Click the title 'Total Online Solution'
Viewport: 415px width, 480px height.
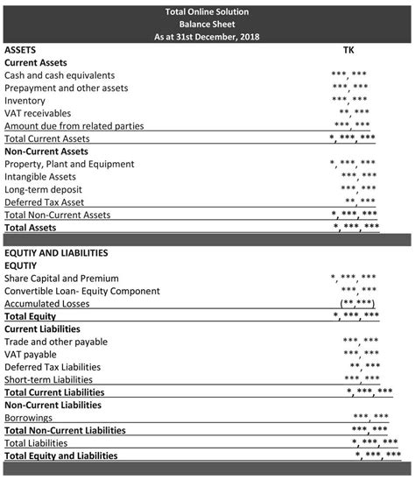(x=207, y=11)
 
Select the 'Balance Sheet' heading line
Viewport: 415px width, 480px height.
(x=207, y=25)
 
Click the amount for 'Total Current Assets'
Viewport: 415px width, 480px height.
(x=353, y=139)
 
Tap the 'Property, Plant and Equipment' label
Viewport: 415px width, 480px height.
(x=69, y=164)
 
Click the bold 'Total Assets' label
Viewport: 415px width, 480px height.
(x=31, y=227)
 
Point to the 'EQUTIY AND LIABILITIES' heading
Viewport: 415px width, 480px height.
(x=56, y=252)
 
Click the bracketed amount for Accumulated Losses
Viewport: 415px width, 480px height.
(x=358, y=303)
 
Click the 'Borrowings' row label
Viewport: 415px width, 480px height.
(x=28, y=418)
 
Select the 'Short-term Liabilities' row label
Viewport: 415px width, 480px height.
(x=48, y=379)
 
